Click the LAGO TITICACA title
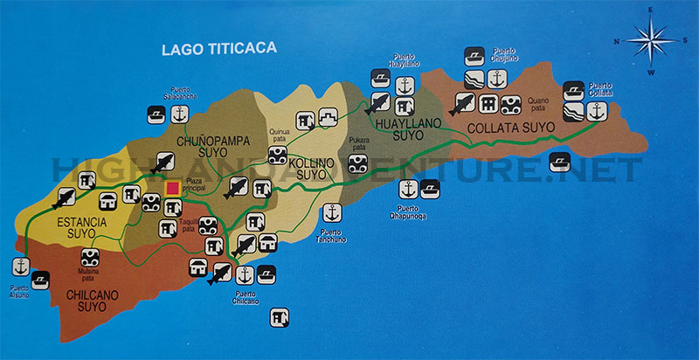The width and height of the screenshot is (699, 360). pyautogui.click(x=219, y=49)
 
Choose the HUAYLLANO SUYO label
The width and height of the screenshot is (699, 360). pyautogui.click(x=405, y=130)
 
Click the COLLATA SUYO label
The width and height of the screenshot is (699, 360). pyautogui.click(x=511, y=128)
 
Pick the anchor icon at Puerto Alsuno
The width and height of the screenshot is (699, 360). pyautogui.click(x=19, y=267)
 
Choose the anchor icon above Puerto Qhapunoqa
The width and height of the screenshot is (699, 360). pyautogui.click(x=408, y=188)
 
